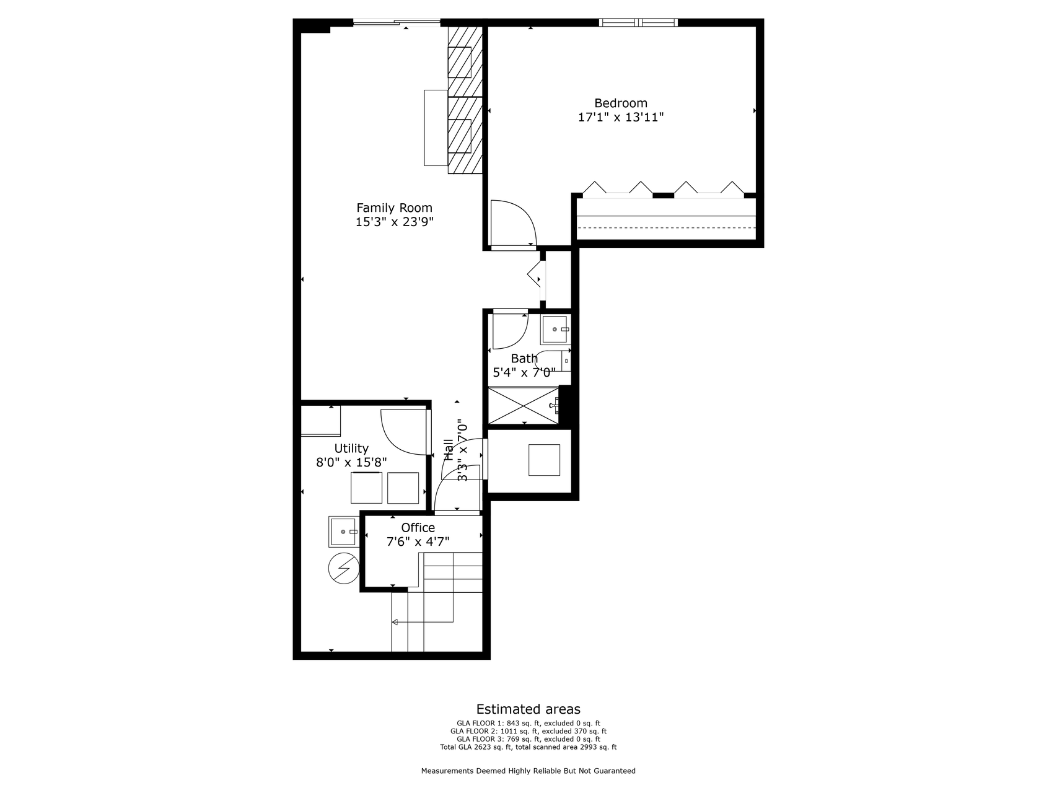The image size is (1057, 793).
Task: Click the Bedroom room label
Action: [x=620, y=103]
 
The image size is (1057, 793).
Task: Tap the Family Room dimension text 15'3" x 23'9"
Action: [x=394, y=222]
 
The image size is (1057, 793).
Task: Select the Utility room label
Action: [x=351, y=449]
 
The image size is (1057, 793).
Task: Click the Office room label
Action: [x=418, y=528]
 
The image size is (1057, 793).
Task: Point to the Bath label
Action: [x=524, y=359]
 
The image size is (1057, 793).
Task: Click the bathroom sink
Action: [x=555, y=330]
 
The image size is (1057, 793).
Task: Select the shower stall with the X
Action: [x=524, y=405]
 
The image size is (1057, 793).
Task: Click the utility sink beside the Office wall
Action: [x=343, y=532]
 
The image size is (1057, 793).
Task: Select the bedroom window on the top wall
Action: [x=638, y=23]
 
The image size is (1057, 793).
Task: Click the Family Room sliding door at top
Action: [x=397, y=24]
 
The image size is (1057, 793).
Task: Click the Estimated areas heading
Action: [x=528, y=709]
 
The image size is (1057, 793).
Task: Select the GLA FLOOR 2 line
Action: [x=528, y=731]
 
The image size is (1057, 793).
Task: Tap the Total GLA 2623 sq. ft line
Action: [x=528, y=747]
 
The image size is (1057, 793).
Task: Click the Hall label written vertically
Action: [x=448, y=449]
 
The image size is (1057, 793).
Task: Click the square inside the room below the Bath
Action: [x=544, y=460]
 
